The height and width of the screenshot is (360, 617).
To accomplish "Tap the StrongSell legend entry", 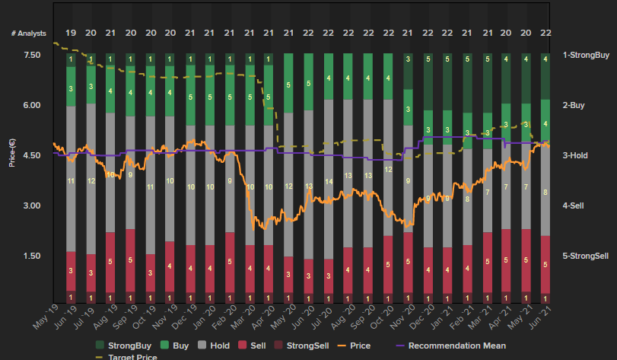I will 301,345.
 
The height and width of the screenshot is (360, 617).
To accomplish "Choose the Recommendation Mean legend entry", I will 450,345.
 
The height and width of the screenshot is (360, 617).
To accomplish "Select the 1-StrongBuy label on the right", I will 586,56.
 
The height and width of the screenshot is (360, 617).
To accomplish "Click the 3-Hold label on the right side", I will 576,155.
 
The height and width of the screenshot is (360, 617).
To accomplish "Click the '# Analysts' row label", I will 27,33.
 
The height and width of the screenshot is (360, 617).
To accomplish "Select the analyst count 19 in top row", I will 71,33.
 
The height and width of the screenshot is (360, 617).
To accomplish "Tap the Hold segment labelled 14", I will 329,181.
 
